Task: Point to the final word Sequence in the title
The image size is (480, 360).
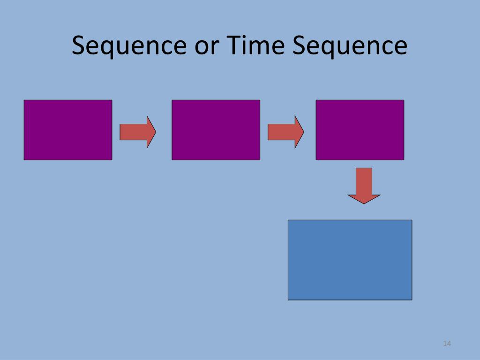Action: pos(350,46)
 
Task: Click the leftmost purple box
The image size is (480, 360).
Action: pos(68,130)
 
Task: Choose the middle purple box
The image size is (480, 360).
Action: pos(216,130)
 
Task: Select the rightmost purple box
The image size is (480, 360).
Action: pos(360,130)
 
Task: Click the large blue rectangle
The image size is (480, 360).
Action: pos(350,260)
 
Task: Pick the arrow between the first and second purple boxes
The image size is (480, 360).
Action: pos(137,132)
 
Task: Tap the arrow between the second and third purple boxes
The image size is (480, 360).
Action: pos(285,132)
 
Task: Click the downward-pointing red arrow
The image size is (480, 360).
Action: pos(364,185)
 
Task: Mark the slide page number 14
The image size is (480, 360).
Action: pos(446,345)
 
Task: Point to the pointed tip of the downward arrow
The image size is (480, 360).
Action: pos(364,203)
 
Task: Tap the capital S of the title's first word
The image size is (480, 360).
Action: pos(79,46)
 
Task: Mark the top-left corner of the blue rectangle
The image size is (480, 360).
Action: pos(288,220)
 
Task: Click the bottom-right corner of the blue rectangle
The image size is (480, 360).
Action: pos(412,299)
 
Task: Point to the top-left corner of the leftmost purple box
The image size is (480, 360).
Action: pos(24,100)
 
